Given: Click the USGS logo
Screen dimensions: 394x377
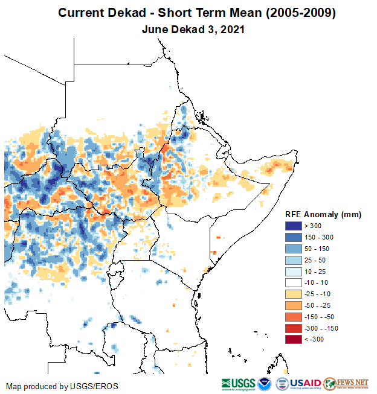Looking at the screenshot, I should pyautogui.click(x=238, y=384).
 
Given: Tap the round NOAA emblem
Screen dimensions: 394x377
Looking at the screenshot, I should pyautogui.click(x=265, y=384).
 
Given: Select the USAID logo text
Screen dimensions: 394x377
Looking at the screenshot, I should pyautogui.click(x=305, y=384).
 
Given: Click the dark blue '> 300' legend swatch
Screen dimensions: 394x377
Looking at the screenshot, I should pyautogui.click(x=294, y=226).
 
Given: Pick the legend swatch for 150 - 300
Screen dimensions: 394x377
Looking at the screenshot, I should pyautogui.click(x=294, y=237).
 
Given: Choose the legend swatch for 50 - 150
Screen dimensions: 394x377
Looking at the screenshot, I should pyautogui.click(x=294, y=249).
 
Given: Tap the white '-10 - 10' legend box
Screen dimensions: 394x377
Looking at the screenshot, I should pyautogui.click(x=294, y=282).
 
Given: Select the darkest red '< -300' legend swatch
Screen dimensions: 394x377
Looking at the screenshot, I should pyautogui.click(x=294, y=339).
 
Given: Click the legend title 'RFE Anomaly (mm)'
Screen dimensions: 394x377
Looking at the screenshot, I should pyautogui.click(x=323, y=214).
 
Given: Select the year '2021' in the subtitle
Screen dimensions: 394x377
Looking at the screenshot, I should pyautogui.click(x=231, y=28).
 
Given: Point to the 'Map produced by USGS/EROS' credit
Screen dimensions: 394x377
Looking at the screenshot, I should pyautogui.click(x=62, y=386).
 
